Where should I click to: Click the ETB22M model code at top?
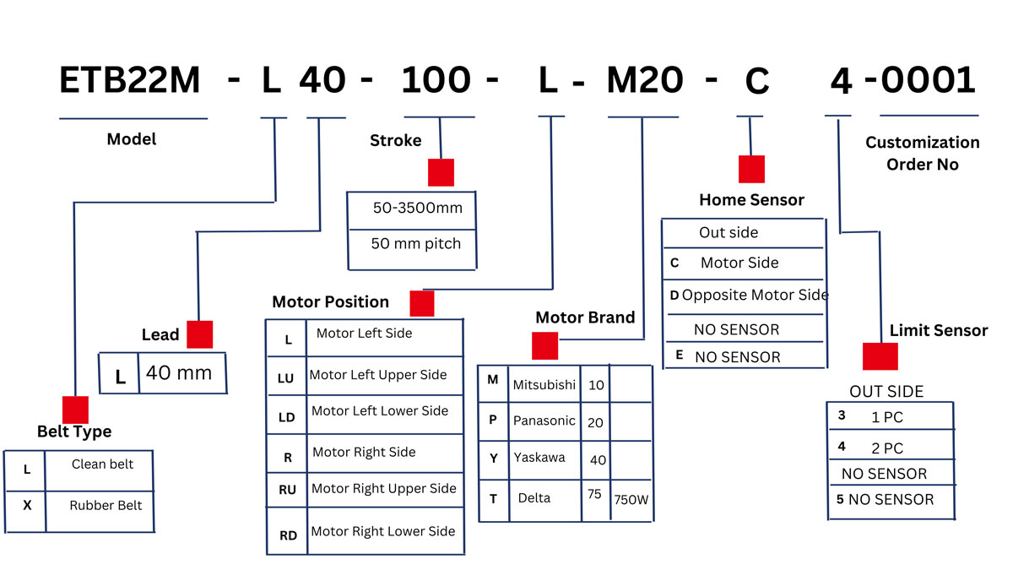click(x=129, y=80)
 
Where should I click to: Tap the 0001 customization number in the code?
click(x=928, y=79)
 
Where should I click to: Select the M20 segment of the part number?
click(x=644, y=80)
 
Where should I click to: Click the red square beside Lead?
click(x=199, y=334)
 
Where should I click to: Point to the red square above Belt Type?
click(x=75, y=410)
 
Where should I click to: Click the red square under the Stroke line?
click(x=441, y=172)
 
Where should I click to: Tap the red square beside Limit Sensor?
click(x=880, y=356)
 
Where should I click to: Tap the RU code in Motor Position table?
click(x=287, y=490)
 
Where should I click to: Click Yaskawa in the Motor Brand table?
click(x=539, y=458)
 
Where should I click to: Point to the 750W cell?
click(x=631, y=500)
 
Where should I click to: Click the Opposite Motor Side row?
click(x=749, y=295)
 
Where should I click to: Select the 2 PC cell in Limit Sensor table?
click(x=887, y=448)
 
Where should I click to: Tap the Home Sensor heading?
click(x=751, y=200)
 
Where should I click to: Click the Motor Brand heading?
click(x=585, y=318)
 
